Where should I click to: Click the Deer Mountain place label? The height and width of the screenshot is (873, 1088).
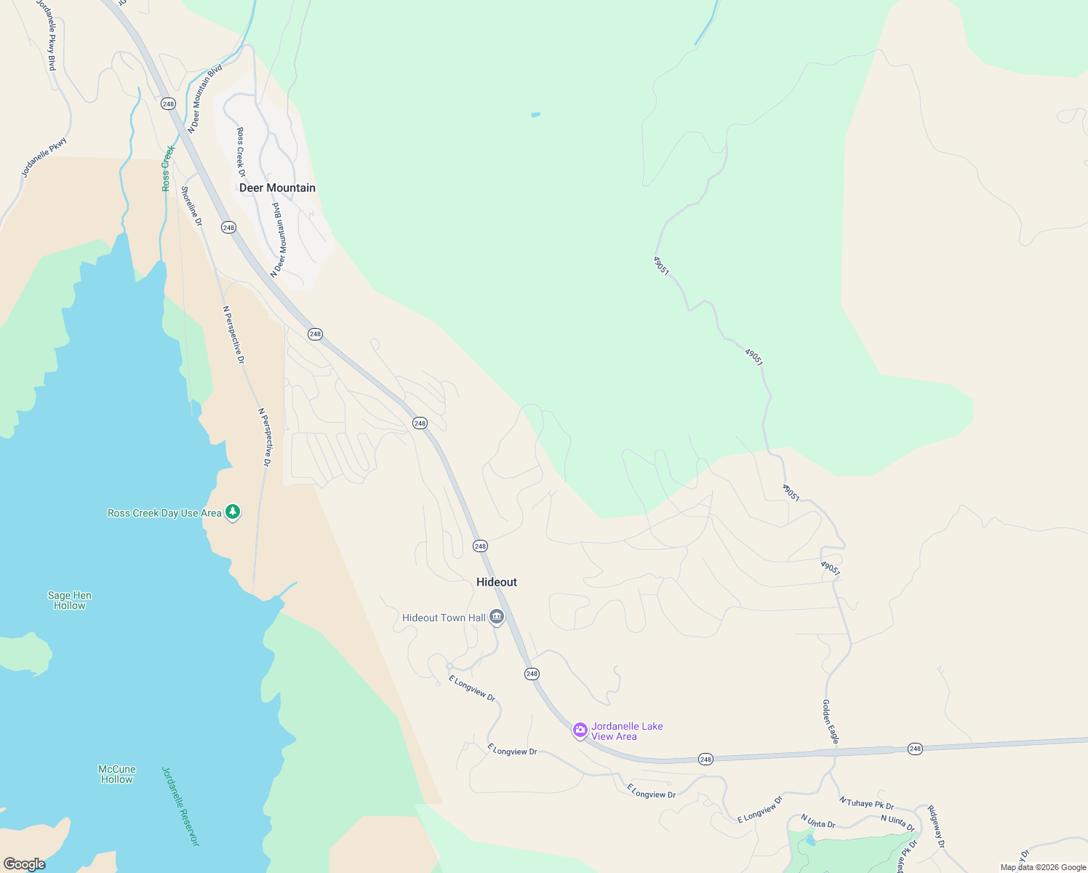pos(277,188)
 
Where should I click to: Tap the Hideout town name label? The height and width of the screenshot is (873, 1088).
pos(497,582)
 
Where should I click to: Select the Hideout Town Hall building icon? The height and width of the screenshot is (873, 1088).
pos(497,618)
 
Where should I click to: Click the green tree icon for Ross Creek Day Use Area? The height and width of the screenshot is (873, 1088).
pos(233,512)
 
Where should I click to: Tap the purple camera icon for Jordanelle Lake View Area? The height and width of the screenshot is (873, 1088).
pos(580,730)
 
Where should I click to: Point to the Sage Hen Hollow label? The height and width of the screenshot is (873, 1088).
pos(70,600)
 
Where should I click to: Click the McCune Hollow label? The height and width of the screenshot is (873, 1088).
pos(117,774)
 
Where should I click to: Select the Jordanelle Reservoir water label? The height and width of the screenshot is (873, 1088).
pos(180,806)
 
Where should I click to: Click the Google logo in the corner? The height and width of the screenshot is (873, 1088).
pos(24,864)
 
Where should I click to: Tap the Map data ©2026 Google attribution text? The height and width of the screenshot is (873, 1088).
pos(1043,867)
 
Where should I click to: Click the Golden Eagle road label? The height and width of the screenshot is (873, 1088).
pos(831,722)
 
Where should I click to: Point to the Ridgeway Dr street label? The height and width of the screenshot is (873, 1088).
pos(935,826)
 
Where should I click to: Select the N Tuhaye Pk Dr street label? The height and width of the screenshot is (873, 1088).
pos(866,803)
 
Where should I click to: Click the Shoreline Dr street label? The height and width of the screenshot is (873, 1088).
pos(191,206)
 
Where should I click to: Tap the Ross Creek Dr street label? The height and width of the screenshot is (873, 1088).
pos(241,152)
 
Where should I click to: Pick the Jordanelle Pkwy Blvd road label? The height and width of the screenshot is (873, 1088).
pos(47,35)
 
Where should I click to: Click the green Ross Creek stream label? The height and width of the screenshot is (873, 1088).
pos(168,168)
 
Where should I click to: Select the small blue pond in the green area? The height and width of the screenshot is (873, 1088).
pos(536,114)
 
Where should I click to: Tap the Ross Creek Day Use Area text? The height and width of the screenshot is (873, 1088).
pos(164,513)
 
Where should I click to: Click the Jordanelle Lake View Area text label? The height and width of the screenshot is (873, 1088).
pos(626,731)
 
